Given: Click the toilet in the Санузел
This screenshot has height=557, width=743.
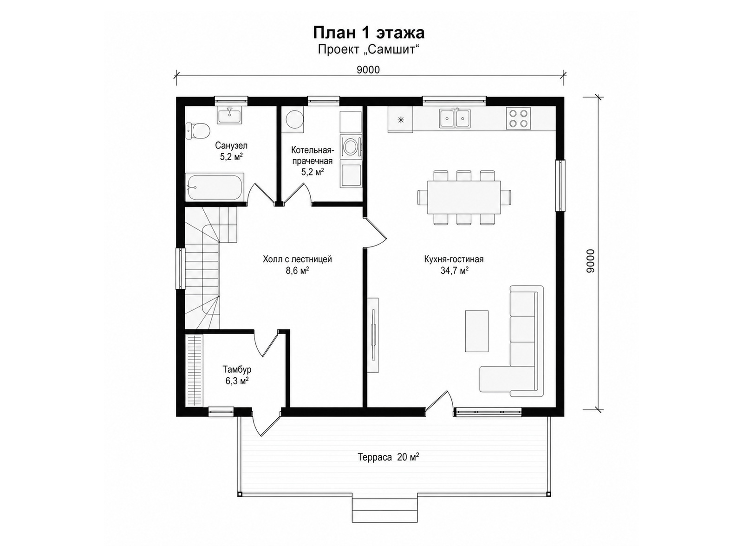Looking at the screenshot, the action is click(198, 131).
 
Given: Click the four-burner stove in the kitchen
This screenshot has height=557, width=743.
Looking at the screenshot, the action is click(518, 118).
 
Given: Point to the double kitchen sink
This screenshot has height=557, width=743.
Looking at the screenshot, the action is click(455, 118).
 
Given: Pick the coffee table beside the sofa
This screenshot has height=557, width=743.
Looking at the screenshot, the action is click(476, 331).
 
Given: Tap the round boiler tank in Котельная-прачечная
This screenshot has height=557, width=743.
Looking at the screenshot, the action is click(294, 119).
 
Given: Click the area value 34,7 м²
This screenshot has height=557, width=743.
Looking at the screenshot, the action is click(454, 271).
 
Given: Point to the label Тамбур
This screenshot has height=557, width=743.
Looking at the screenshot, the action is click(237, 369).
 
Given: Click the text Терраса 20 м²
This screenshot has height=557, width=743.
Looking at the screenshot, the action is click(389, 457).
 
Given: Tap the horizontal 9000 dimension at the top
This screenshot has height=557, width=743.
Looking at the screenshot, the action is click(368, 70).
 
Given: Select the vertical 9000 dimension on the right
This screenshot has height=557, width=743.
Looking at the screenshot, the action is click(590, 261).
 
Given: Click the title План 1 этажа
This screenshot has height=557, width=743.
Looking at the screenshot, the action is click(369, 33).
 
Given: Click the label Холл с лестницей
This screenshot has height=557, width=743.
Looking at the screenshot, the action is click(297, 259).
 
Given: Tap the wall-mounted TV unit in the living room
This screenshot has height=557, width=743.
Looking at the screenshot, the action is click(373, 335).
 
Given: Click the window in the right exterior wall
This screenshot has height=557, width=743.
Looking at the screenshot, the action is click(560, 186).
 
